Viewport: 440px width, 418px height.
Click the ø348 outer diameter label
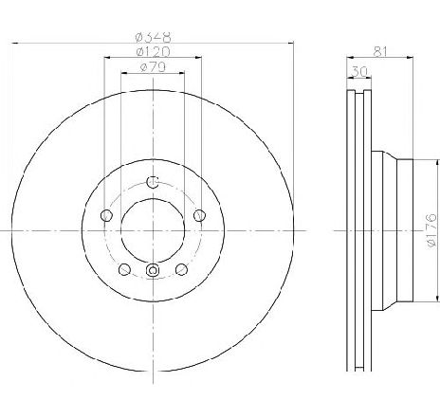(153, 37)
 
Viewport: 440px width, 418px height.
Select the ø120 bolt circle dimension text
(153, 52)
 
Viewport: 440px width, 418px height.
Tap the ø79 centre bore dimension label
(153, 67)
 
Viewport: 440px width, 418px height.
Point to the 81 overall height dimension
(380, 51)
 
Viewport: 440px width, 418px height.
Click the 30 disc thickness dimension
(359, 72)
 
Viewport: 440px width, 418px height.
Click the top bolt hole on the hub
(153, 182)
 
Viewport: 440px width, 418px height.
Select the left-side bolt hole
(106, 216)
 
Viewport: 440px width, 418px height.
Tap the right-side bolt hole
(199, 216)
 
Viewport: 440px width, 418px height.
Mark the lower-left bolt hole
(124, 269)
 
